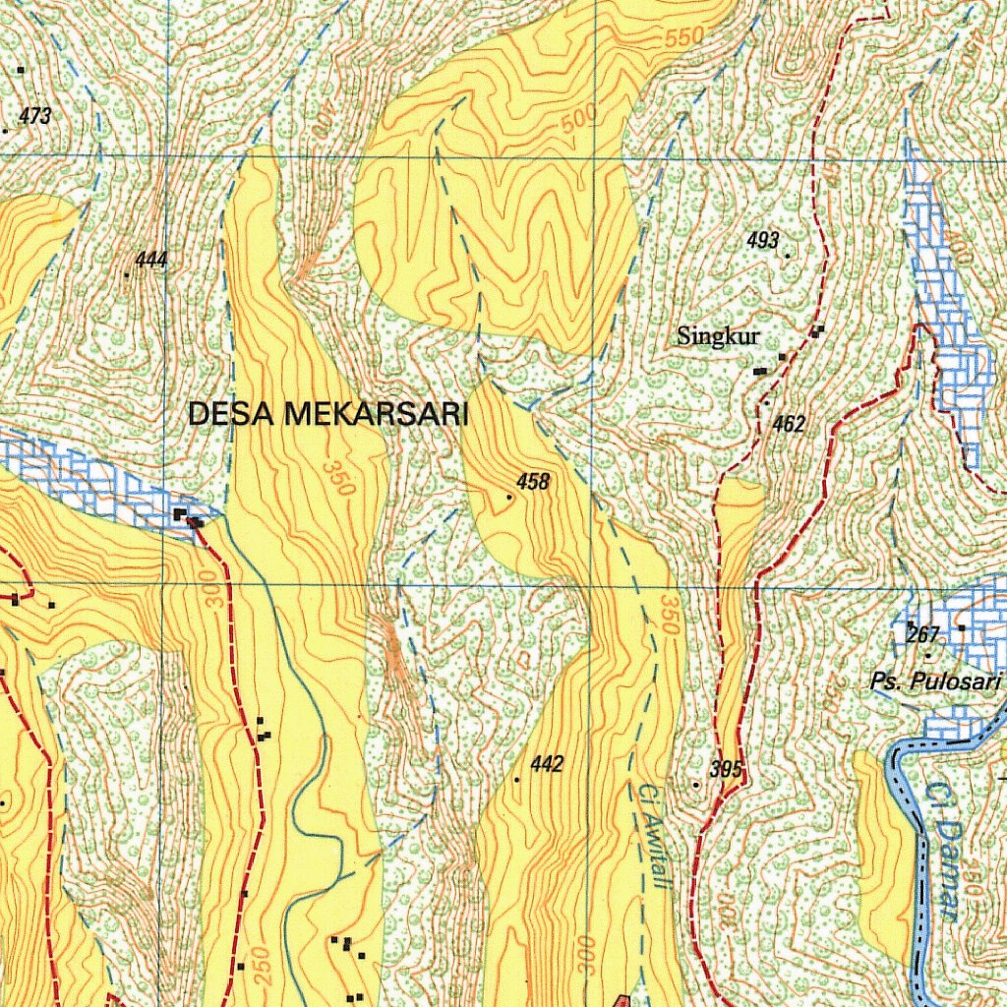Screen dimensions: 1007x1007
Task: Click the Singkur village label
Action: [718, 336]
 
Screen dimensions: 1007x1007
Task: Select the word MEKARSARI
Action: [376, 414]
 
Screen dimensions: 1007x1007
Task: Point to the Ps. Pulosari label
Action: [935, 681]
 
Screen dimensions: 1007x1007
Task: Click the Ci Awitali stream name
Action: [653, 836]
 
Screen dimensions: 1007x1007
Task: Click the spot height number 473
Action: [34, 116]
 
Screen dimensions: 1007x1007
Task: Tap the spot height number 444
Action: [151, 260]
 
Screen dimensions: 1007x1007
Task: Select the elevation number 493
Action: [762, 240]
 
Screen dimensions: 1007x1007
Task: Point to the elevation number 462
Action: [789, 424]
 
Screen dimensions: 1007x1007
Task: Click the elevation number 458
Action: [533, 482]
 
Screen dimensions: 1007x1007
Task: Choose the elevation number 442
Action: [547, 764]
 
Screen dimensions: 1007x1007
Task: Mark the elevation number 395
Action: [725, 769]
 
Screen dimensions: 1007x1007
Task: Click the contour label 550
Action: [684, 37]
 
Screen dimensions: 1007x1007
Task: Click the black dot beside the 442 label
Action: [516, 779]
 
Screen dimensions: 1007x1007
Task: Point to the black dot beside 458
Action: [508, 498]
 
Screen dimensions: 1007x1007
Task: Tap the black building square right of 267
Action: [961, 627]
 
